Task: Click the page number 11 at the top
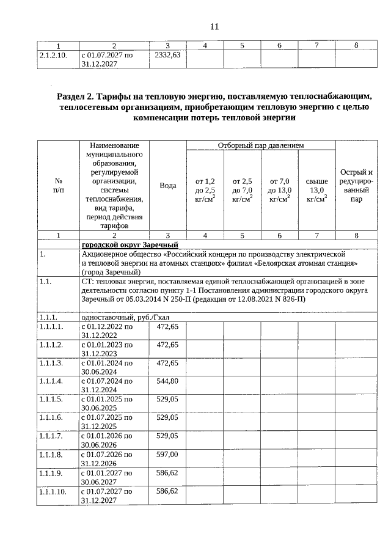click(213, 26)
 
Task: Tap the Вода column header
click(167, 186)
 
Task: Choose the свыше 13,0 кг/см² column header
click(316, 189)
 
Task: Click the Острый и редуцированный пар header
click(356, 185)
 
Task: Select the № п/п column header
click(59, 186)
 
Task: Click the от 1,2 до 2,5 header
click(205, 189)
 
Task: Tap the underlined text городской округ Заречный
click(129, 245)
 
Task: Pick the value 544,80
click(167, 381)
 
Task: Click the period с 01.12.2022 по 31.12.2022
click(107, 331)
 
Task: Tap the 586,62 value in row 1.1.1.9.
click(167, 472)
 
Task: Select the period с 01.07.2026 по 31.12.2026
click(107, 459)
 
